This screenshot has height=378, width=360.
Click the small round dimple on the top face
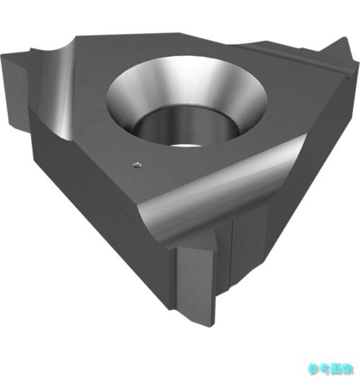(138, 165)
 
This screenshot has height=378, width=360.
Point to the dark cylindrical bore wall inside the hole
(186, 125)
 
